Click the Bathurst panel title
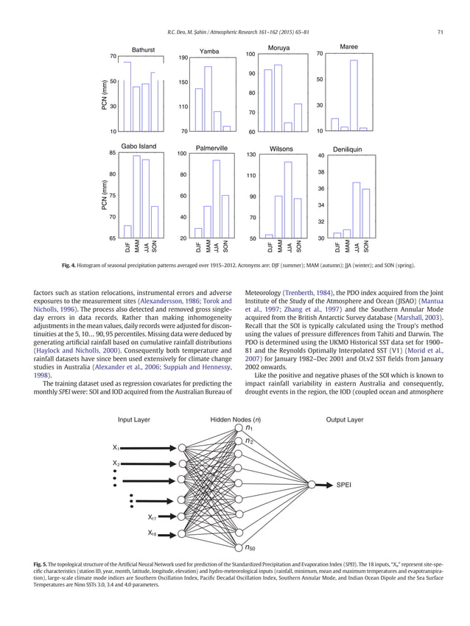coord(143,50)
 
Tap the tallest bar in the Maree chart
coord(354,95)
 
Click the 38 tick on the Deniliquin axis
coord(320,172)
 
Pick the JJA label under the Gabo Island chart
coord(146,248)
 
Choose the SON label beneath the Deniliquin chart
coord(365,248)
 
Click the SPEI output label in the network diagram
coord(344,485)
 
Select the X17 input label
coord(154,517)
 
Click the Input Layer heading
coord(134,420)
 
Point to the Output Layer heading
coord(345,420)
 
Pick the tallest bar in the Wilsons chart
coord(288,199)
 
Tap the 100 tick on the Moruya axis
coord(250,54)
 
